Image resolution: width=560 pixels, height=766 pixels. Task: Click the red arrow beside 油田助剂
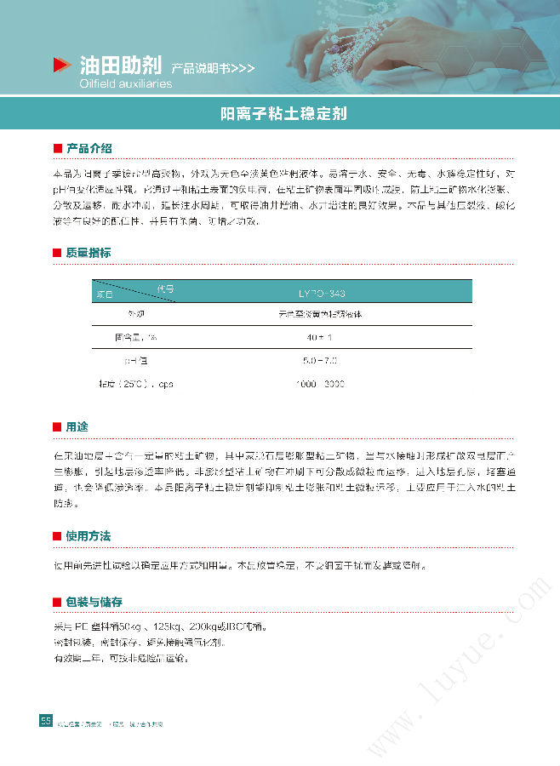(60, 65)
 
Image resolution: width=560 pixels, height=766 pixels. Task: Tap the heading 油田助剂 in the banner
(120, 66)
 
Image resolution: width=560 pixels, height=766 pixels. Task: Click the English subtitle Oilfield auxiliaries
(125, 84)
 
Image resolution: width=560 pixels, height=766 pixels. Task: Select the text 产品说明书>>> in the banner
(212, 68)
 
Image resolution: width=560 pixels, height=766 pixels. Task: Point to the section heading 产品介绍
(89, 149)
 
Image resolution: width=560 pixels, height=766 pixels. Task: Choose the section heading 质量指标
(89, 253)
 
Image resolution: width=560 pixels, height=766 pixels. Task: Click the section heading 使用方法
(89, 536)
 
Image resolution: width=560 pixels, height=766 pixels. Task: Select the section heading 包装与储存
(94, 602)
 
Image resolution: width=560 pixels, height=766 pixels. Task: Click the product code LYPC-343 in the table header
(322, 294)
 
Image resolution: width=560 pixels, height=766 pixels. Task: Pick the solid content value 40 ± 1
(322, 338)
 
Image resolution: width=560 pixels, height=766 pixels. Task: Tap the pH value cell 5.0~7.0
(322, 361)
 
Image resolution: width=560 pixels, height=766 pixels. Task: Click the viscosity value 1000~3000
(322, 384)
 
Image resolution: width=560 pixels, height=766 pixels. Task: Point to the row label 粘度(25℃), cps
(136, 384)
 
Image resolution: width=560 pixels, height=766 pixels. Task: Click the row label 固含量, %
(136, 338)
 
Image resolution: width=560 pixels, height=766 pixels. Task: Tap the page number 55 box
(46, 721)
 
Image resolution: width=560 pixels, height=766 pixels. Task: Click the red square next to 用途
(57, 426)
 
